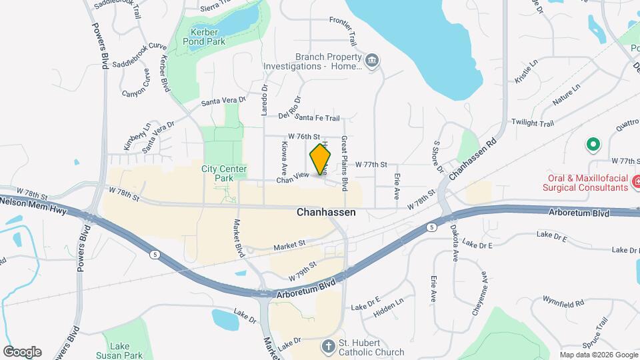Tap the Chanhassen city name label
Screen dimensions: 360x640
point(326,213)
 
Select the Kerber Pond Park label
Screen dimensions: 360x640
point(208,37)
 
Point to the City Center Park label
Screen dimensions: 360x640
point(223,173)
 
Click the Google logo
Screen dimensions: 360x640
point(21,352)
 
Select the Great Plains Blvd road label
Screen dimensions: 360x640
point(345,161)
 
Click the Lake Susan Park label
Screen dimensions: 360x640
point(121,351)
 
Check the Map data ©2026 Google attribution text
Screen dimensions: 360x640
point(598,354)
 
